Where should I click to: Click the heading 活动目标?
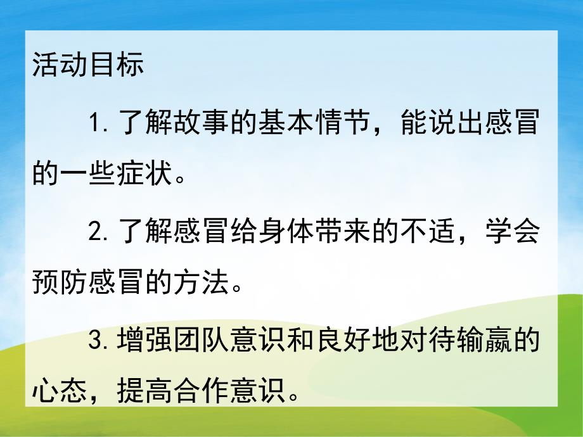pyautogui.click(x=88, y=66)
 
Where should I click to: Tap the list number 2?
pyautogui.click(x=98, y=232)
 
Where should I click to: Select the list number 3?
pyautogui.click(x=98, y=343)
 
